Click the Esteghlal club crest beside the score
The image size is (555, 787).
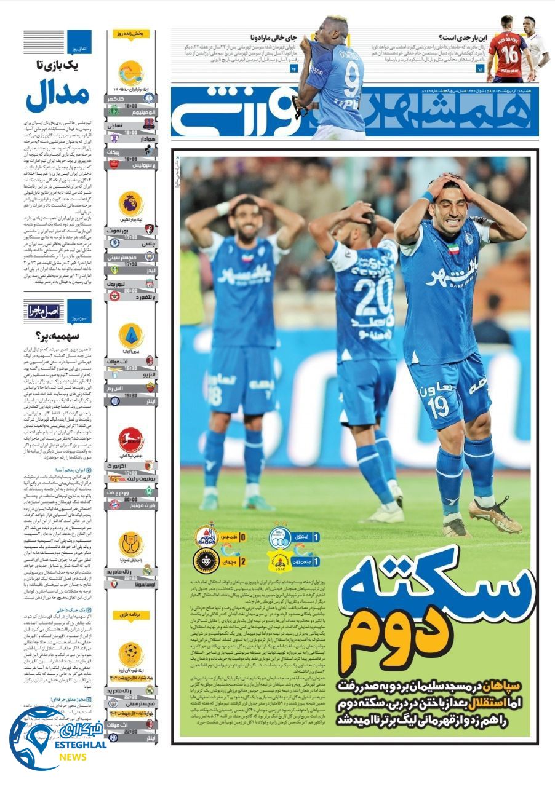280,537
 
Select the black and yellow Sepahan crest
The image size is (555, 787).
206,561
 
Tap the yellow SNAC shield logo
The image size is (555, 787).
280,561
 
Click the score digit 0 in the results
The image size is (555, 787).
242,537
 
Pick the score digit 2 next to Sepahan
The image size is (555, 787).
242,561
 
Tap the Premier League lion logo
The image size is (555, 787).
130,203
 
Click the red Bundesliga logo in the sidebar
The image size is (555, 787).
130,440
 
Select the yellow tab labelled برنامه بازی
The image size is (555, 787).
130,614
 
